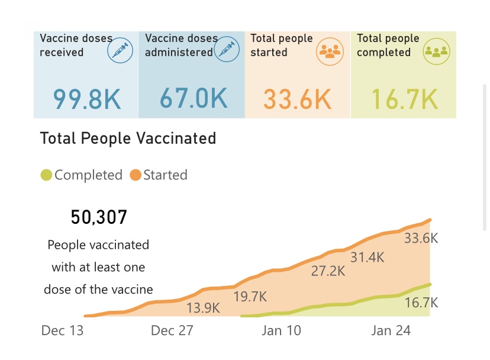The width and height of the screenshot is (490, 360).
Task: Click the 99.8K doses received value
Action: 87,99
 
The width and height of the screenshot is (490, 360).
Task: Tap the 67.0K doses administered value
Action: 194,98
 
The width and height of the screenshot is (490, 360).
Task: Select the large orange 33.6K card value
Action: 297,99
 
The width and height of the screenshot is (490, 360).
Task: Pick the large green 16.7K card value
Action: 405,99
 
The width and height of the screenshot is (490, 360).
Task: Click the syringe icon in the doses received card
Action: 120,50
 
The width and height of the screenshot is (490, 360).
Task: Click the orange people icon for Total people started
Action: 330,50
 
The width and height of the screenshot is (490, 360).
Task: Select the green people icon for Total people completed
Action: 436,50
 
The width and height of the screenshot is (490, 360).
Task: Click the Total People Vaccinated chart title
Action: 128,139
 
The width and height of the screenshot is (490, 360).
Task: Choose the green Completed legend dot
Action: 46,175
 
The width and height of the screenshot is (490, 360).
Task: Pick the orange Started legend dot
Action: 136,175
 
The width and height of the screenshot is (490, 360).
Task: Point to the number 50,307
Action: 99,217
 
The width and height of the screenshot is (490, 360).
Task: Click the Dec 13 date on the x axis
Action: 62,330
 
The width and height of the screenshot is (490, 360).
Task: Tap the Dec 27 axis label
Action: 172,330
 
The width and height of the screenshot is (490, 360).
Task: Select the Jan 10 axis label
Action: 281,330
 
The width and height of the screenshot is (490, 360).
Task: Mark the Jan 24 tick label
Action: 391,330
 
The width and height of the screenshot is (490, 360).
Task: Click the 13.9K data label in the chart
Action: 203,308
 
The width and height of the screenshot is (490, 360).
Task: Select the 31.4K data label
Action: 367,258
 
